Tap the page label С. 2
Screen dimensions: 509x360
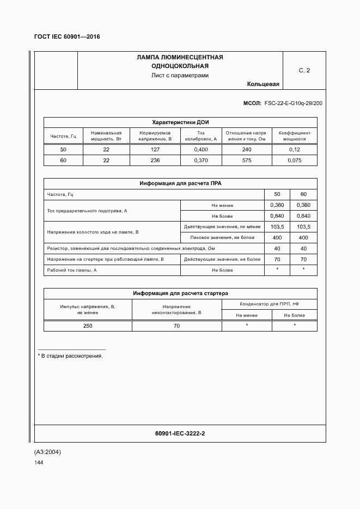coord(304,70)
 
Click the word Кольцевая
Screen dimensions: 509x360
coord(263,84)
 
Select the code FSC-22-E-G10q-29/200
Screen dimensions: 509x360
coord(293,102)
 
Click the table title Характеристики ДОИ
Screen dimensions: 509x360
coord(180,122)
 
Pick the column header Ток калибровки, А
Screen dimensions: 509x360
coord(201,136)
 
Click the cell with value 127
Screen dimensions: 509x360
coord(155,150)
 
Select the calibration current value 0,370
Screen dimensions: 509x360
coord(201,160)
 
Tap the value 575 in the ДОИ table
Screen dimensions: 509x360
coord(247,160)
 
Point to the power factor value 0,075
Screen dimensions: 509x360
coord(294,160)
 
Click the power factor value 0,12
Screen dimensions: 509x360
coord(294,150)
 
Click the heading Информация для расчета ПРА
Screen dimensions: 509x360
coord(180,184)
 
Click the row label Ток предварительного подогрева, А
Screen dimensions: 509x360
coord(88,210)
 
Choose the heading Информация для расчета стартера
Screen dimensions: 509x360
coord(180,293)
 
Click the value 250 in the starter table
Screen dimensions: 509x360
coord(88,326)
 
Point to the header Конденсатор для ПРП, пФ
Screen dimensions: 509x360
coord(269,304)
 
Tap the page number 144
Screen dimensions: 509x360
coord(39,463)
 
